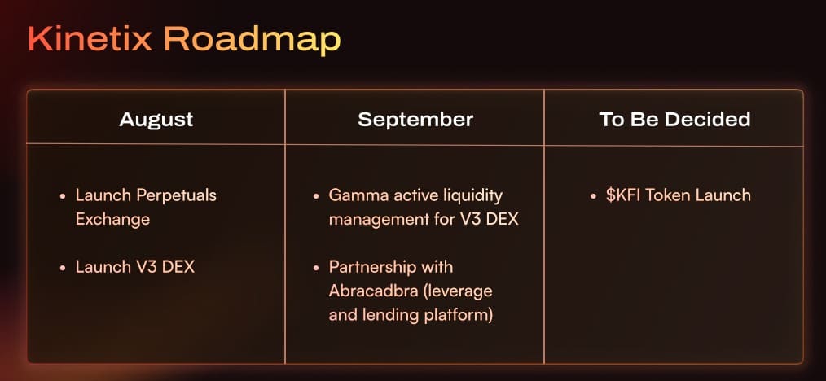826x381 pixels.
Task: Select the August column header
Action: [x=156, y=120]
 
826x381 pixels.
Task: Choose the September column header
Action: [x=415, y=120]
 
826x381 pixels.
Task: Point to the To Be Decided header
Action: [x=674, y=120]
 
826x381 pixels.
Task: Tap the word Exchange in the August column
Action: [x=112, y=219]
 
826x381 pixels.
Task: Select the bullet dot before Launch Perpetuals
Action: [x=63, y=196]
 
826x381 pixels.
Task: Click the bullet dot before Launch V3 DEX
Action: [x=63, y=267]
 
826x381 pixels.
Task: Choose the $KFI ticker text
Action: [x=624, y=195]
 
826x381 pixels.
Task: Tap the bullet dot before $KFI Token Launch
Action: [x=593, y=196]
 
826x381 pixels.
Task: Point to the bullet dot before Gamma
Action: [x=316, y=196]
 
